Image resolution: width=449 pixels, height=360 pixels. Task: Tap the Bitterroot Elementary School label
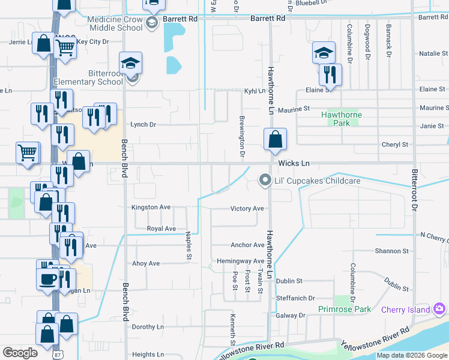88,77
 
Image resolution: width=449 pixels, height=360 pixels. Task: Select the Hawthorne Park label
342,118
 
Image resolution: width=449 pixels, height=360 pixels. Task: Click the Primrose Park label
346,310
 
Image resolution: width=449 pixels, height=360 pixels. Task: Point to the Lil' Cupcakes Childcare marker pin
264,180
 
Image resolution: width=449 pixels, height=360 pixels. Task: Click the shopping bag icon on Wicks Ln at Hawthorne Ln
274,139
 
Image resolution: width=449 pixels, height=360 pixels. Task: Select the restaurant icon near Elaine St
330,74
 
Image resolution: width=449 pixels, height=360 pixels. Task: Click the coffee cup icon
48,278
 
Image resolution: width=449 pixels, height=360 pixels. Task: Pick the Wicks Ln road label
294,163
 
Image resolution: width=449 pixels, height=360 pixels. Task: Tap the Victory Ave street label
247,209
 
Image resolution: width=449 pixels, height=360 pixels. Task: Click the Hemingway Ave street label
240,261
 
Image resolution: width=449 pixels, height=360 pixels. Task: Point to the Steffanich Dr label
295,298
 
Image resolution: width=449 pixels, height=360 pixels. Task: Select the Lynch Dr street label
143,125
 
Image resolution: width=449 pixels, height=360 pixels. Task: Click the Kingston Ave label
151,207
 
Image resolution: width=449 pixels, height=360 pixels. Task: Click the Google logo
20,353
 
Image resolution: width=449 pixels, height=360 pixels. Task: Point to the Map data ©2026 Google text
411,355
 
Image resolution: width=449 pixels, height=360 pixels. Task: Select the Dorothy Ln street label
148,327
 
